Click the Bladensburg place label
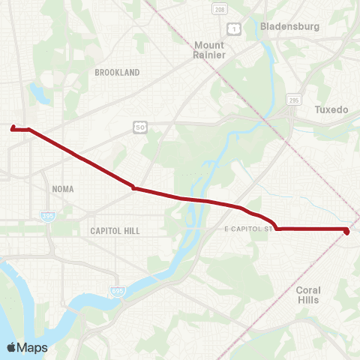290,26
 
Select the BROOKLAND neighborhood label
118,72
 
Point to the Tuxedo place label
331,109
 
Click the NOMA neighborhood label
63,189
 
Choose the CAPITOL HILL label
115,231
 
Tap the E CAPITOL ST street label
247,228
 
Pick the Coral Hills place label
308,295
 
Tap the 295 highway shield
293,99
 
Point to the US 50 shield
140,128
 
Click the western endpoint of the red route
13,128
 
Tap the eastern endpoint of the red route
346,232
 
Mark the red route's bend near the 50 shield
133,187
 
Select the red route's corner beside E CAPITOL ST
277,228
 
